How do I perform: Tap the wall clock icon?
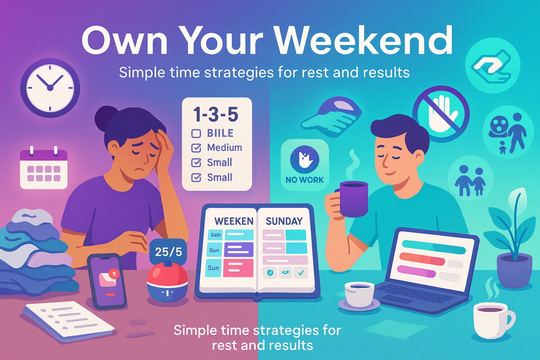pyautogui.click(x=50, y=86)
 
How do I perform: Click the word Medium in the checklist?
pyautogui.click(x=224, y=148)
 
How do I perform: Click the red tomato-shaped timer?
pyautogui.click(x=167, y=278)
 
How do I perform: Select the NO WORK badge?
pyautogui.click(x=304, y=165)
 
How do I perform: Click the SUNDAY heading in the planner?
pyautogui.click(x=283, y=221)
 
